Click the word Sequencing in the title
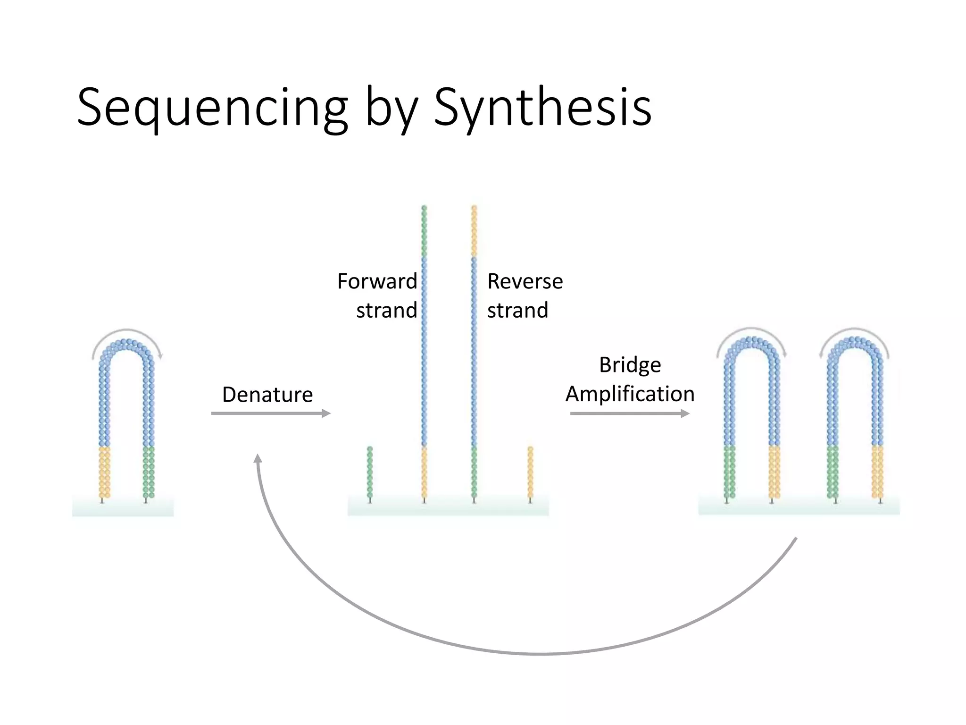click(x=212, y=109)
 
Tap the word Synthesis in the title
click(x=542, y=109)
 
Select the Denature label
click(x=267, y=395)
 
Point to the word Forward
click(x=377, y=281)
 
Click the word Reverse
click(x=525, y=281)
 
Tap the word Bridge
click(x=630, y=365)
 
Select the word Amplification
click(x=630, y=394)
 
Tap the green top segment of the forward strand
click(x=424, y=231)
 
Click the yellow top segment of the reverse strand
click(x=474, y=231)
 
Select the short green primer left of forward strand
click(x=370, y=472)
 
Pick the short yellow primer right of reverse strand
click(x=530, y=472)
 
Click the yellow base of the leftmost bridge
click(x=104, y=472)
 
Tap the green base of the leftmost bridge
click(x=149, y=472)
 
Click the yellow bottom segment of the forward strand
click(x=424, y=472)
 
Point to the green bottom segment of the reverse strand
click(x=474, y=472)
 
